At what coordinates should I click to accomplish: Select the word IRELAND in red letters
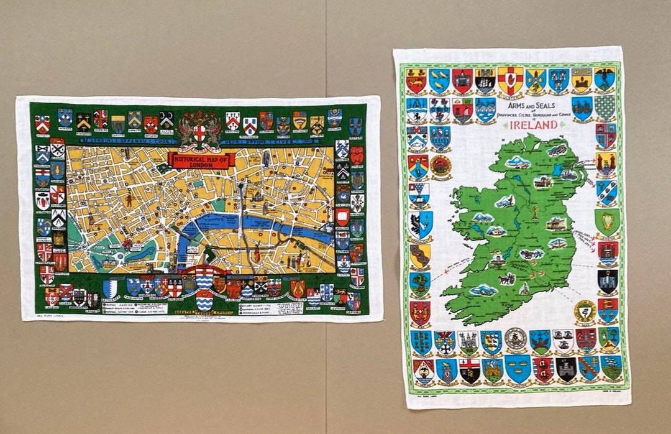pyautogui.click(x=532, y=124)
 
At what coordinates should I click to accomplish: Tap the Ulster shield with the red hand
pyautogui.click(x=510, y=80)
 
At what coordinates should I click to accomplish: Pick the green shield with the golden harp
pyautogui.click(x=606, y=222)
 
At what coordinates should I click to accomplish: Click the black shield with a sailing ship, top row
pyautogui.click(x=486, y=80)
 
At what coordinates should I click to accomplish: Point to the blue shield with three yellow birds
pyautogui.click(x=439, y=80)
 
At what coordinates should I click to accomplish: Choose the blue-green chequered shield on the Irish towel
pyautogui.click(x=604, y=108)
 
